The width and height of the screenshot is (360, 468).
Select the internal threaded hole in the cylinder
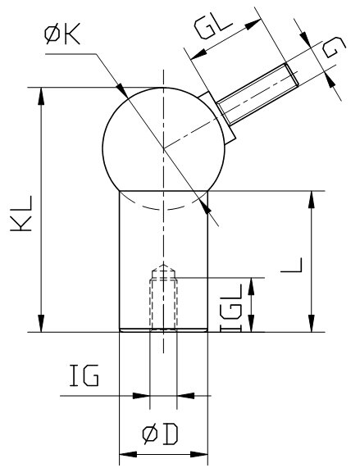tap(163, 303)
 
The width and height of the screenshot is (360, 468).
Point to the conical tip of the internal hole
tap(163, 269)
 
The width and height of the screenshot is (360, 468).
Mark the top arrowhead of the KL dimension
tap(39, 93)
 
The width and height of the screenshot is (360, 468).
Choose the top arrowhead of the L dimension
tap(312, 197)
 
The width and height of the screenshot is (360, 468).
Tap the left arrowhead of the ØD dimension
tap(125, 452)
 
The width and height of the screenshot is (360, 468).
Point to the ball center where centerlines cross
tap(163, 148)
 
